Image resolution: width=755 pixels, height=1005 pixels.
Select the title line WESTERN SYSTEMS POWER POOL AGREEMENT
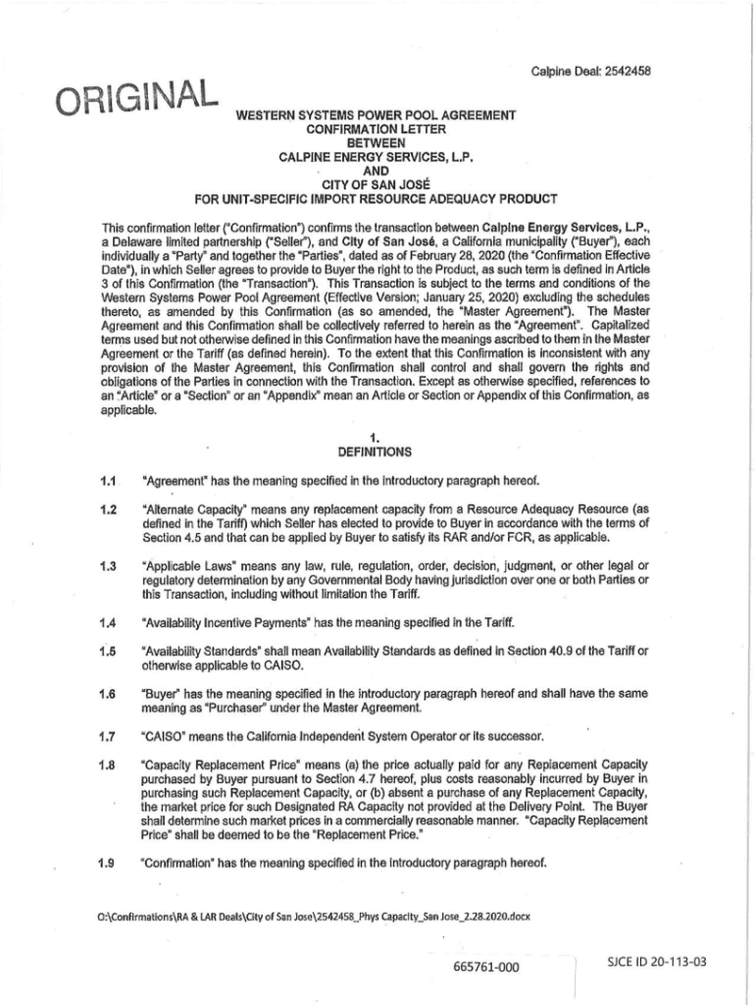(x=376, y=116)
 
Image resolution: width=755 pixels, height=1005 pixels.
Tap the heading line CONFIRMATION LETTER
(x=376, y=129)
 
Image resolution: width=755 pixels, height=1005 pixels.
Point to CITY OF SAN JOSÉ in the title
(x=376, y=184)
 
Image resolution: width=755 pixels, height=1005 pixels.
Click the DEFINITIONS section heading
(x=376, y=452)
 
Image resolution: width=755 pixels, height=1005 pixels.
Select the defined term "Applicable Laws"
(x=185, y=565)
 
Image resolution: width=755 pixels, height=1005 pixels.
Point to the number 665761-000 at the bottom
(x=485, y=967)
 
